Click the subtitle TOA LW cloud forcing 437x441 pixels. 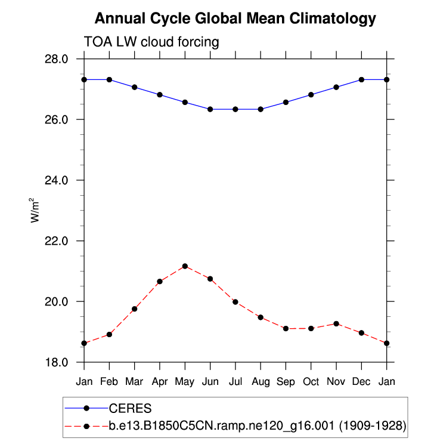151,42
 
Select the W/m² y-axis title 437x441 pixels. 36,210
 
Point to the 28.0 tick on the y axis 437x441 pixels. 58,59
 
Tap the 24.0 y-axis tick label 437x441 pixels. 58,180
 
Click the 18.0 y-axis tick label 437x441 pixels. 58,362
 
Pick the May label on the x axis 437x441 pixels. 185,380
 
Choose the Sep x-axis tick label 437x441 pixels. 286,380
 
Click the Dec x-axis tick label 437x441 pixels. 361,380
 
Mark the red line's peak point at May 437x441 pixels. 185,266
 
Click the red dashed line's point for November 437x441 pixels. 336,323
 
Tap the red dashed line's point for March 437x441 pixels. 135,309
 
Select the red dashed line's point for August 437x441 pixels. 261,317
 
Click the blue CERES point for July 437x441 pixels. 235,109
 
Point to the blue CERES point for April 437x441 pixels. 160,94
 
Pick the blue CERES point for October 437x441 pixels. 311,94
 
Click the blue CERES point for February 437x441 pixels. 109,79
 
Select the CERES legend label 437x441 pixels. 130,409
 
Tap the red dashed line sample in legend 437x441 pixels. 86,426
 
